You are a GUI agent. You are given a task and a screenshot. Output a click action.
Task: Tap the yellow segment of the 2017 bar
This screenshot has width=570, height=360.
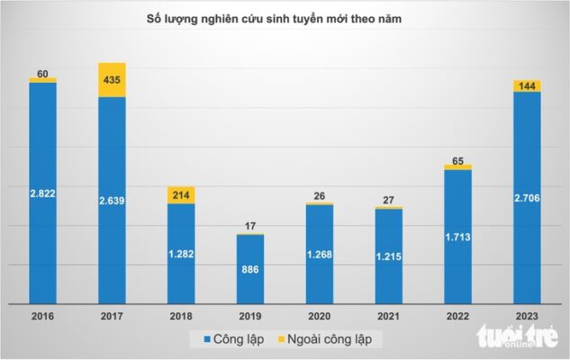click(112, 79)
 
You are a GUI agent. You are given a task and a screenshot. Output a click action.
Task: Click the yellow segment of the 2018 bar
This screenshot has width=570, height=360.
click(181, 194)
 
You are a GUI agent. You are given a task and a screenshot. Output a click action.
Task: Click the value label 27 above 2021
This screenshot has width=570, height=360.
click(388, 199)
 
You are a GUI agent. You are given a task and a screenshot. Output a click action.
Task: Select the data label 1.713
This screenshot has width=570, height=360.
click(457, 237)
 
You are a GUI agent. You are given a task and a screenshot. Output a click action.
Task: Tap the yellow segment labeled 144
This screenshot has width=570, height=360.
click(527, 86)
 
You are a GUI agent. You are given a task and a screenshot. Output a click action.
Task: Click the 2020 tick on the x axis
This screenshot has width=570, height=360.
click(320, 317)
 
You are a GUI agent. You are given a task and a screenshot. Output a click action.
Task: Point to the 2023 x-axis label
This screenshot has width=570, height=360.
click(527, 317)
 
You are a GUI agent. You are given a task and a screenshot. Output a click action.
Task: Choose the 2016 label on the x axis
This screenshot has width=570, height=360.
click(42, 317)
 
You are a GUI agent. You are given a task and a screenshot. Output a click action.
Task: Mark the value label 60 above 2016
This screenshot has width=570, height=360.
click(42, 72)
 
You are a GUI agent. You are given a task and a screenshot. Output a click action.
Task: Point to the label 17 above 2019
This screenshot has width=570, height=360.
click(250, 225)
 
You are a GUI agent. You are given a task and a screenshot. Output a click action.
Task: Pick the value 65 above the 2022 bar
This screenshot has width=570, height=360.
click(457, 159)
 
